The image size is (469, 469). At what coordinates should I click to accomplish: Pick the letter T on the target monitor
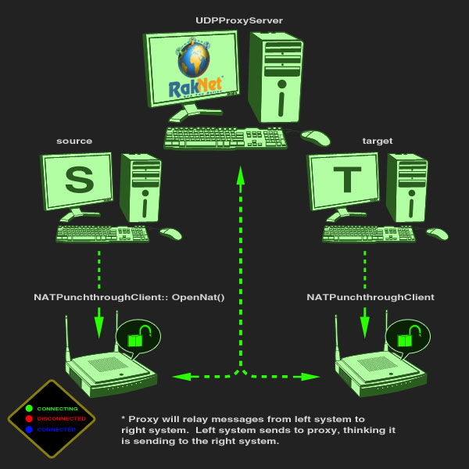(346, 181)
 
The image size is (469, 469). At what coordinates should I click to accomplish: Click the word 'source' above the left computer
(74, 141)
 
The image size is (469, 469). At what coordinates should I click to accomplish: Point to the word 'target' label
(378, 141)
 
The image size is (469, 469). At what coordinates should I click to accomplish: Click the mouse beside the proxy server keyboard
(316, 138)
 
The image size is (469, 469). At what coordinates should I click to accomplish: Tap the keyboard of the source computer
(102, 234)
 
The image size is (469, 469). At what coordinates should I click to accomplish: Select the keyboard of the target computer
(369, 234)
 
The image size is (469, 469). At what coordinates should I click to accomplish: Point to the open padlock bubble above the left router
(138, 337)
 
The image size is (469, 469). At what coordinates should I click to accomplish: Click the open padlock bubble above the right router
(406, 337)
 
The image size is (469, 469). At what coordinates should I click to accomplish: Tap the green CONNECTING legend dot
(29, 408)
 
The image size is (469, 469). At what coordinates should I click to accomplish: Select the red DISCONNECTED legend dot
(29, 419)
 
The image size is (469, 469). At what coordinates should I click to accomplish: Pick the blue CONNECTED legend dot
(29, 429)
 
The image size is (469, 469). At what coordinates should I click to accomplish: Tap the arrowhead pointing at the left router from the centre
(181, 377)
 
